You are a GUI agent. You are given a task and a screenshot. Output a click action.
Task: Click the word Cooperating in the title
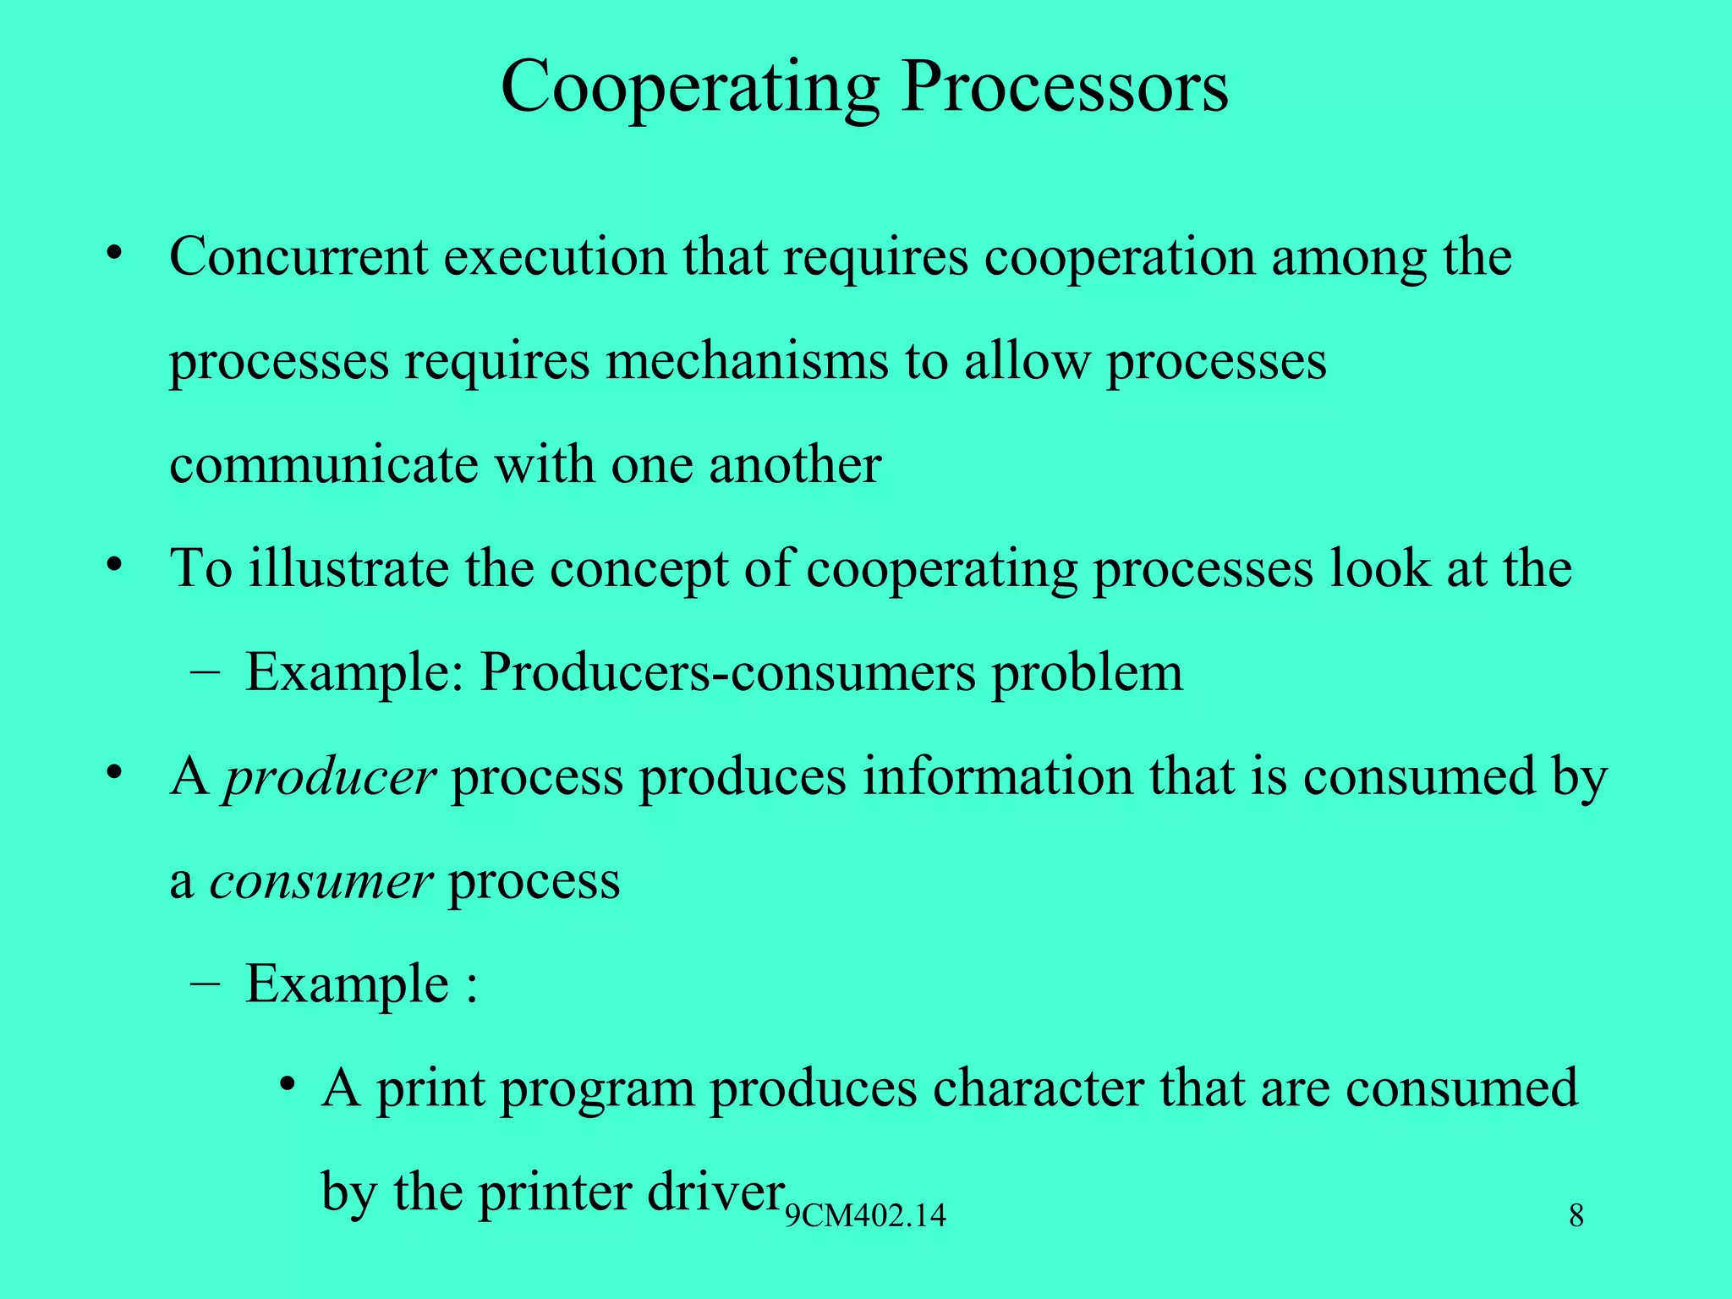click(x=690, y=87)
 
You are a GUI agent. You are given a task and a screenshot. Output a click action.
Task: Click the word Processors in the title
click(x=1064, y=87)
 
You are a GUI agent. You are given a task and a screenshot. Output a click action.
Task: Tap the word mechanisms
click(x=747, y=361)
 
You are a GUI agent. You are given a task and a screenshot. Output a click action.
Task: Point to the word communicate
click(x=324, y=464)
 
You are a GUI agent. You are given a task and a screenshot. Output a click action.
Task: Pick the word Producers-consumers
click(x=728, y=673)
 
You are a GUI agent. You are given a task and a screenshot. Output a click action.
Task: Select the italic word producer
click(x=329, y=777)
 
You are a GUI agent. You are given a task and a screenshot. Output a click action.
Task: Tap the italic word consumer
click(x=321, y=881)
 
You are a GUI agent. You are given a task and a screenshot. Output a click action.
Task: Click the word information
click(x=997, y=776)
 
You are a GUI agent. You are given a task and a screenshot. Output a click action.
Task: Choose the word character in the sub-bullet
click(x=1038, y=1088)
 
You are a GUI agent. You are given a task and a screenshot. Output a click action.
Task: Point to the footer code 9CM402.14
click(x=865, y=1216)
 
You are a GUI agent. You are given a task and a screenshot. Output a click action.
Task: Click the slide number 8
click(x=1576, y=1216)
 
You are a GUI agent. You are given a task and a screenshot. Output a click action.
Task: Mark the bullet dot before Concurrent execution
click(x=116, y=253)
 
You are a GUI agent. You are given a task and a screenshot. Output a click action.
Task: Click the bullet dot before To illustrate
click(x=116, y=564)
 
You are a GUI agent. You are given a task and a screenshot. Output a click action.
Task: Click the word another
click(x=795, y=464)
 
